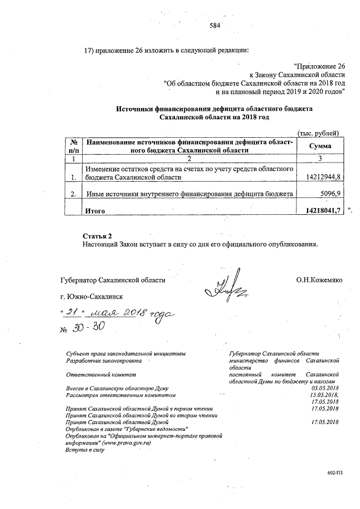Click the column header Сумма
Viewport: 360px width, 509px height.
click(x=320, y=146)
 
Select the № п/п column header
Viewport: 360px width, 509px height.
click(x=73, y=146)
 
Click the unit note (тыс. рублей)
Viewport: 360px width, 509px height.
click(x=318, y=133)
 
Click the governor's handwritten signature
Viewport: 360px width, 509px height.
click(x=225, y=285)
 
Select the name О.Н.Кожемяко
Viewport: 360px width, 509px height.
click(x=319, y=280)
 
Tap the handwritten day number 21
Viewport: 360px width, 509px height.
click(x=71, y=312)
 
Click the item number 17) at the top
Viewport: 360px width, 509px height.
click(x=88, y=49)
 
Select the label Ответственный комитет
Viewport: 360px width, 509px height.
click(x=101, y=373)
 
